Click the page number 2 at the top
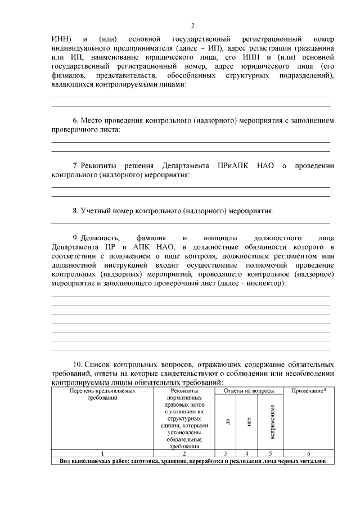point(192,25)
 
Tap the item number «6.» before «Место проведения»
point(76,120)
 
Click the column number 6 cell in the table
point(309,453)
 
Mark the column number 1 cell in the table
point(102,453)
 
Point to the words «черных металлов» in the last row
point(299,461)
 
